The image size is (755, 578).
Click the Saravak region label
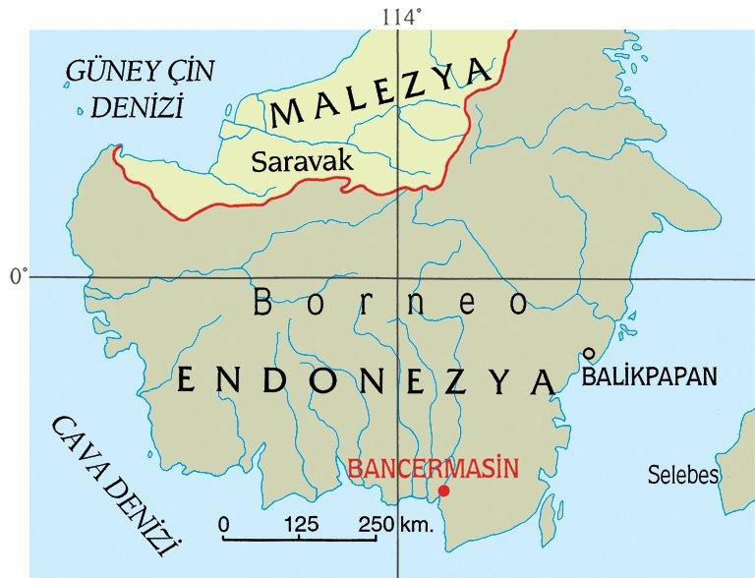click(302, 162)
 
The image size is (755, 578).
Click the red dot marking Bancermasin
click(444, 491)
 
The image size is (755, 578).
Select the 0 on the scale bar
click(224, 523)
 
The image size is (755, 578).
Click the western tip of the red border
click(116, 150)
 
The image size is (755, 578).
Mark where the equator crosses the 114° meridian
click(399, 277)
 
